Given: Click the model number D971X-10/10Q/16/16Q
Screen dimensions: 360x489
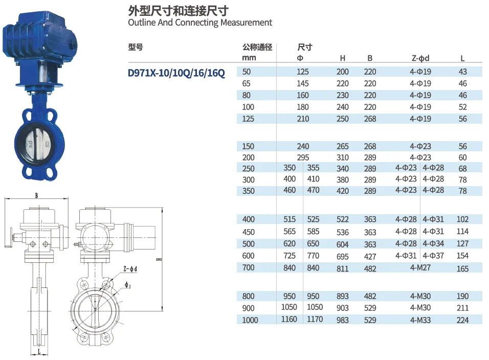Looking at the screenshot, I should coord(176,73).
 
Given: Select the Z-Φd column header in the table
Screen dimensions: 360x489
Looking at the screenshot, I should coord(420,58).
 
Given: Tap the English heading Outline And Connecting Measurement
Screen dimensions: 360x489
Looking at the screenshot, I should coord(200,22).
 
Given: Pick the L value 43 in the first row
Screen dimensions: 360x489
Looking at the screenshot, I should coord(463,72).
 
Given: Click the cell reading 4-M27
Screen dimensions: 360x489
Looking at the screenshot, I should coord(420,267).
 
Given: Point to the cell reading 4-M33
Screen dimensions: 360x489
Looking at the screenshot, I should coord(420,320).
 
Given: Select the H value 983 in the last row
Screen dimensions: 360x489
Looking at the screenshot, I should coord(343,320).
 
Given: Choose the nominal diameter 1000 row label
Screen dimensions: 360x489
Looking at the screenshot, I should coord(250,320).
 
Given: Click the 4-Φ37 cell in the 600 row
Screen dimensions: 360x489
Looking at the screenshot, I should coord(433,255).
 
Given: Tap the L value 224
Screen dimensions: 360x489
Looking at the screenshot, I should coord(462,320).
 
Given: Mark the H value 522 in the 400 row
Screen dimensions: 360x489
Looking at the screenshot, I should coord(343,219).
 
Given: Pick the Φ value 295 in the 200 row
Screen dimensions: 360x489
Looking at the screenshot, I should coord(303,157).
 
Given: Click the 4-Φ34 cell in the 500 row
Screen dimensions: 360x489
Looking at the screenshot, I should coord(433,243).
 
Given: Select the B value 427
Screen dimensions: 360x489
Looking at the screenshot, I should coord(370,256).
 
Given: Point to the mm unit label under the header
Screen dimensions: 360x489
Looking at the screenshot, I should coord(249,58).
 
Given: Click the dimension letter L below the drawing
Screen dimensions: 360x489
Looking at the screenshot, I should coord(39,352).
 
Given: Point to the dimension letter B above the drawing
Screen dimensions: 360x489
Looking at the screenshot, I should coord(36,195).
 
